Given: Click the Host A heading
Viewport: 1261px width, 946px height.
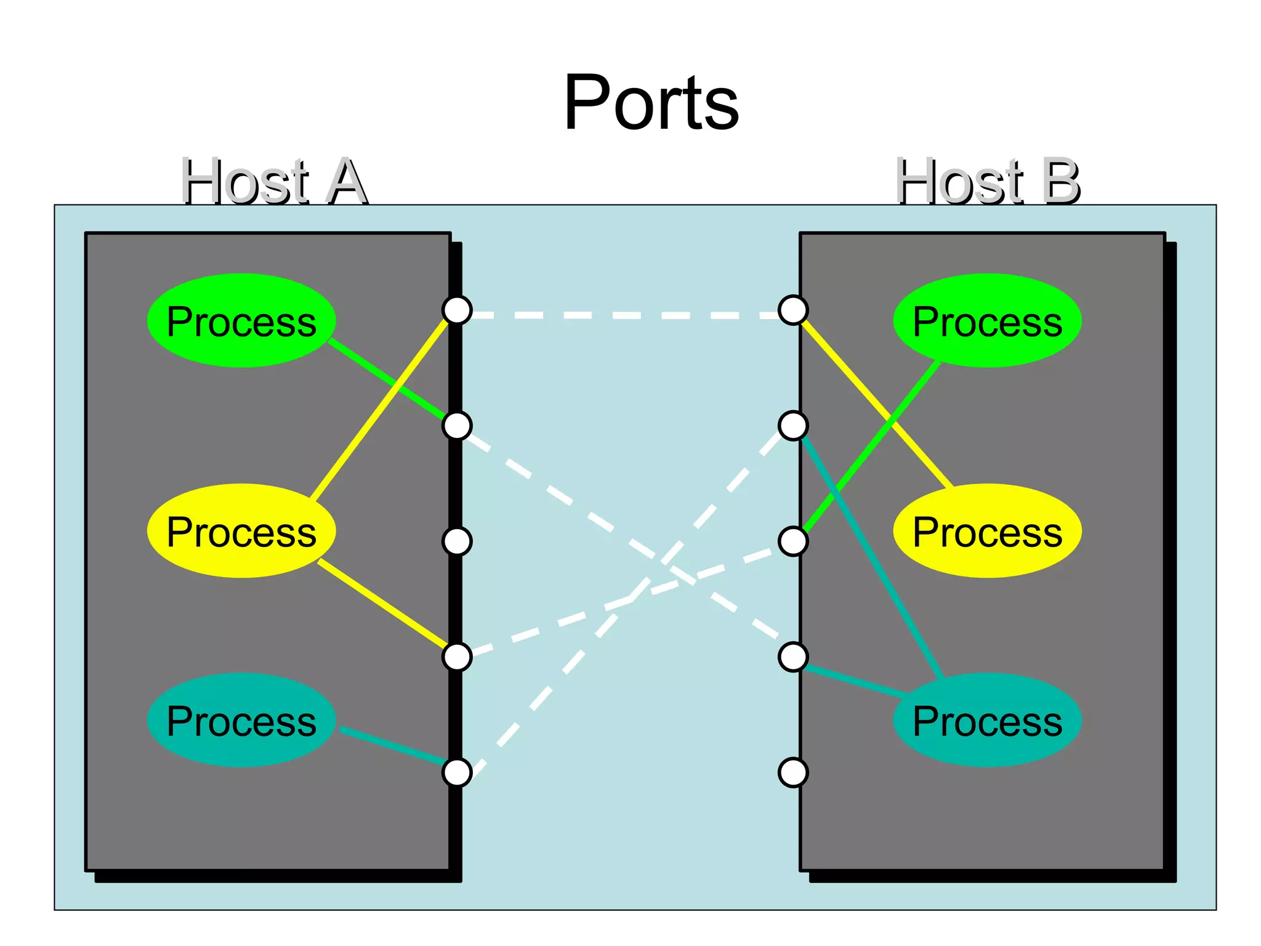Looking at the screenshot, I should [x=274, y=182].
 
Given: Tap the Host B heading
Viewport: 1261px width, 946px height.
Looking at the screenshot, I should [x=988, y=182].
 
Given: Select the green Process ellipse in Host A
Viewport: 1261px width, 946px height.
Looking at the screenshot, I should [x=241, y=321].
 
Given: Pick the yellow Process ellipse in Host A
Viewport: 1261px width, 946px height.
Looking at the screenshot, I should [x=241, y=532].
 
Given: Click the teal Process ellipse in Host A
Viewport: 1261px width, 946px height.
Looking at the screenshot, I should [x=241, y=721].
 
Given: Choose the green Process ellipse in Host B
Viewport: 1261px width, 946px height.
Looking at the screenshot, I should [x=988, y=321].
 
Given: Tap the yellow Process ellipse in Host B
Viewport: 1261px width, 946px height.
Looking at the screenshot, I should [x=988, y=532].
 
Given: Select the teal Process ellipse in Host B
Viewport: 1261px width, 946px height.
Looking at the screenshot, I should [x=988, y=721].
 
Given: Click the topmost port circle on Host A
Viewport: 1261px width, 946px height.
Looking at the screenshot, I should [x=457, y=310].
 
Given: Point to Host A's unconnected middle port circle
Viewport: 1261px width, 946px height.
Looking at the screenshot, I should [x=457, y=541].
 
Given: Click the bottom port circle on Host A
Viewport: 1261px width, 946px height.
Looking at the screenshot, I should [x=457, y=772].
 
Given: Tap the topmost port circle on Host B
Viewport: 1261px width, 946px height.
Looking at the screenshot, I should [x=793, y=310].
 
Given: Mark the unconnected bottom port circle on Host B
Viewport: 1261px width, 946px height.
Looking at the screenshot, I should [x=793, y=772].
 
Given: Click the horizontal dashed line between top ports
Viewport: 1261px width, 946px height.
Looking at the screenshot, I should [x=625, y=315].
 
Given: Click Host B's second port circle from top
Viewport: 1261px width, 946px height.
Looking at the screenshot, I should [x=793, y=426].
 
